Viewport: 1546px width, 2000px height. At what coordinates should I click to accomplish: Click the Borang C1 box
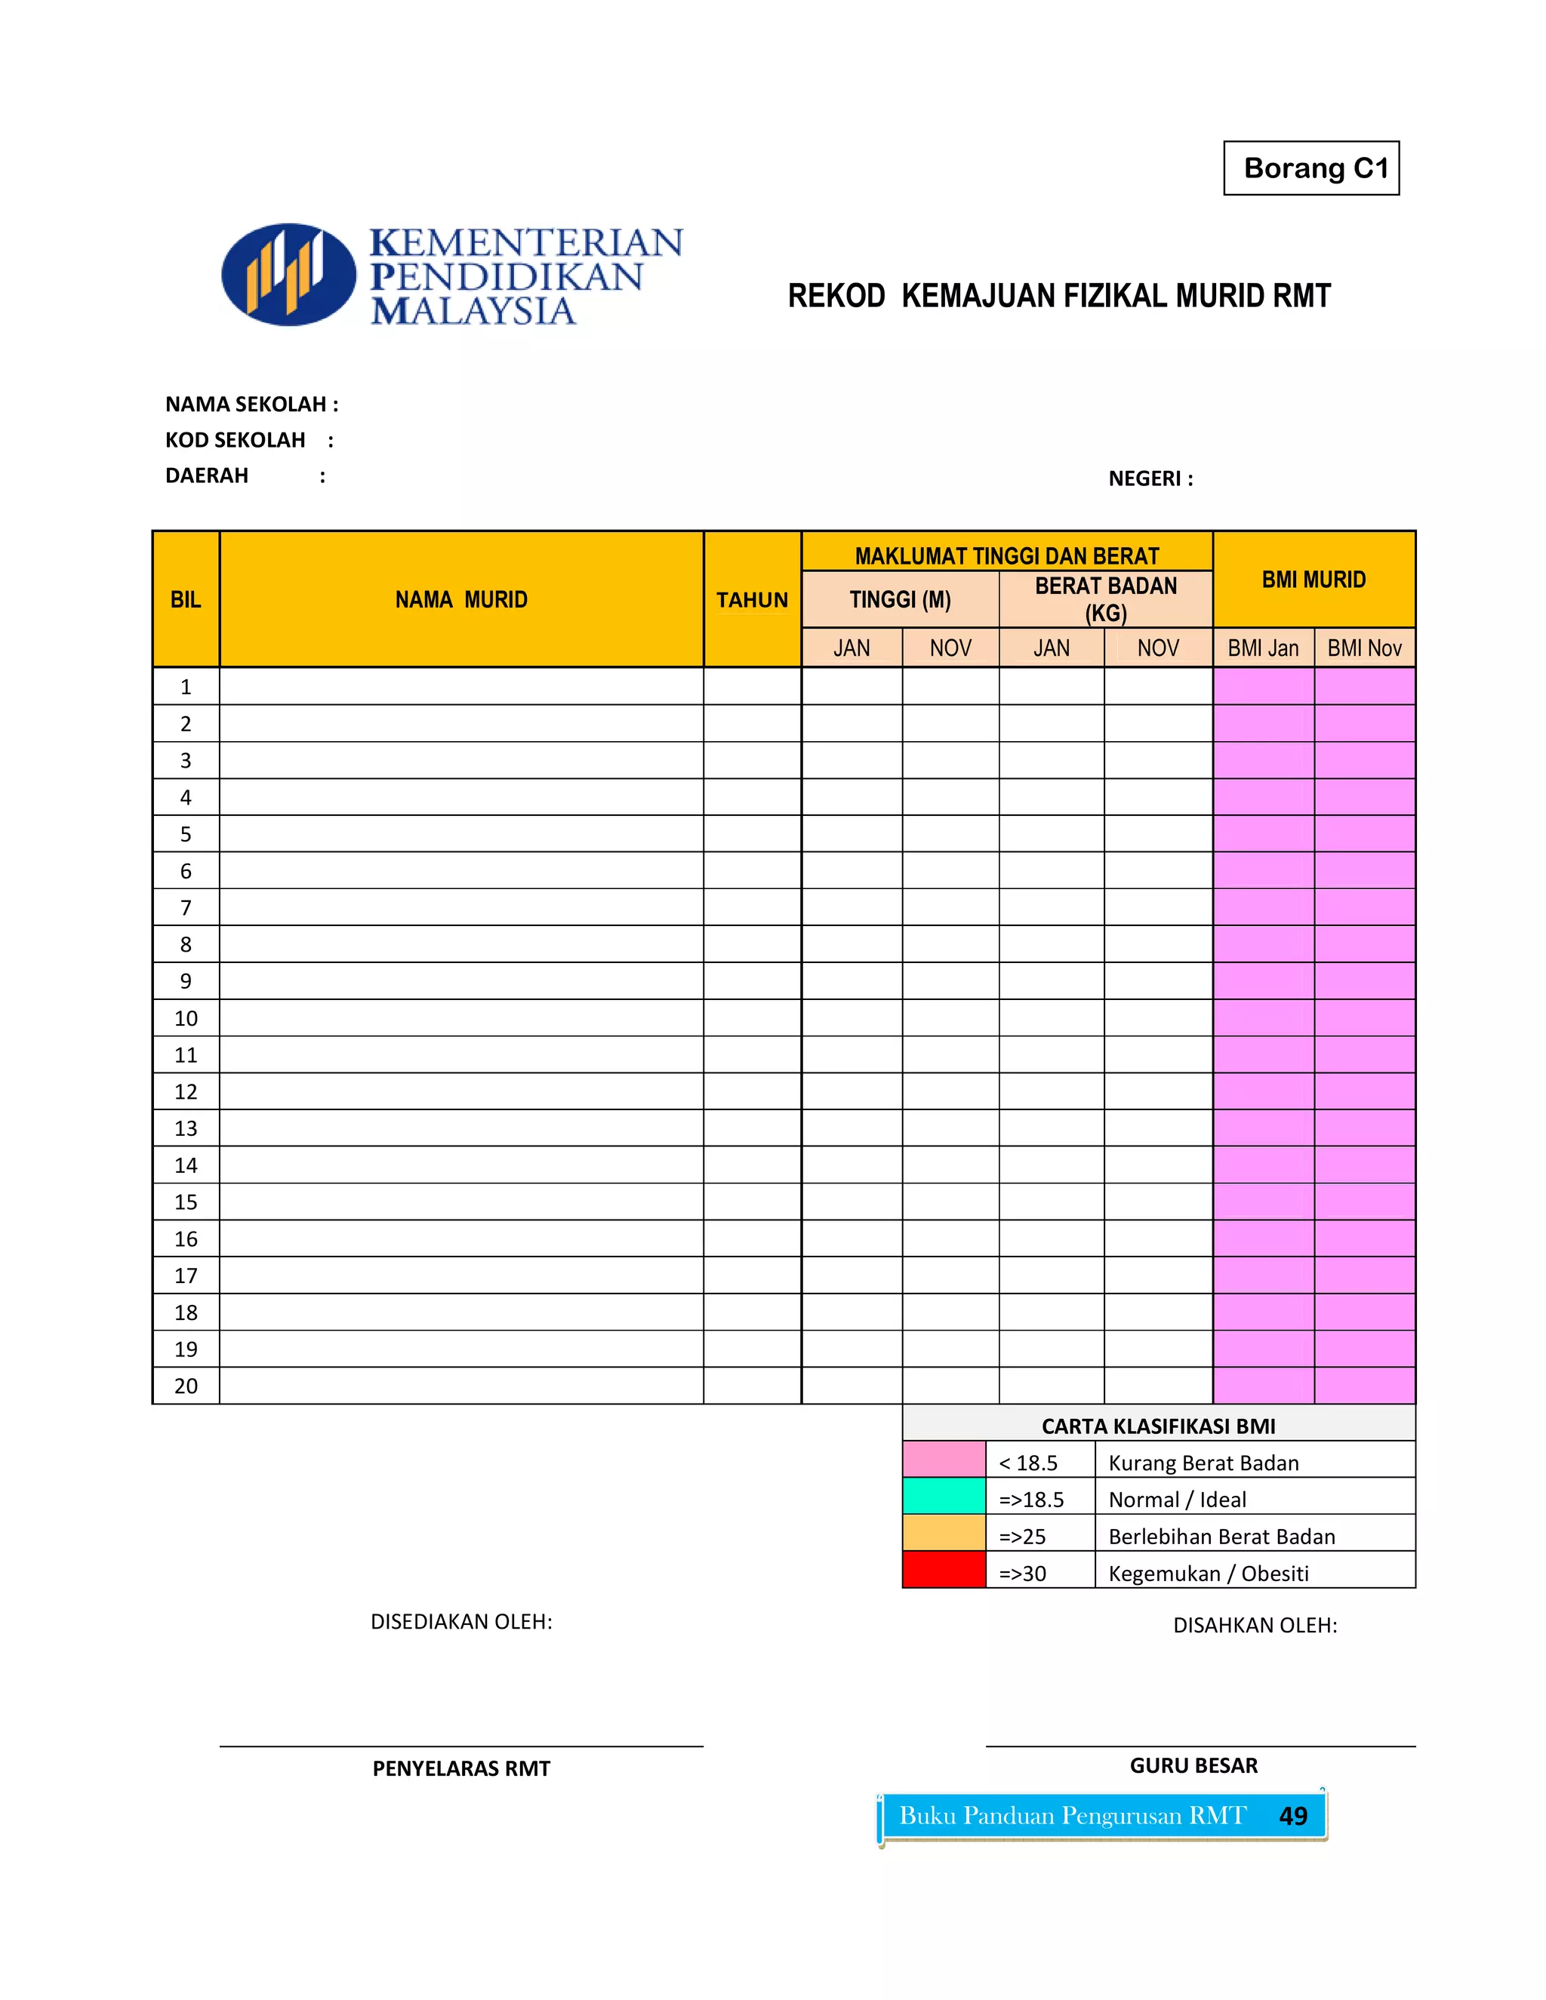click(1310, 168)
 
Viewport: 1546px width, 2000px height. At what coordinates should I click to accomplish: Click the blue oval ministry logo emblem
click(288, 275)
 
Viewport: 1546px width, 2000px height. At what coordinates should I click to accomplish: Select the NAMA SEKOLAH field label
click(251, 404)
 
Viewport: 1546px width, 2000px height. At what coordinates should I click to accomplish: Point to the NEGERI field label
click(1150, 479)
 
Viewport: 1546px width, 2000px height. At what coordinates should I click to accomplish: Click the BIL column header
click(185, 600)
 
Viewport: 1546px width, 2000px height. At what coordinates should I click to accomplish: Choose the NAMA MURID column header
click(460, 600)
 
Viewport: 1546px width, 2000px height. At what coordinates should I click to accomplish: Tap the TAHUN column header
click(751, 600)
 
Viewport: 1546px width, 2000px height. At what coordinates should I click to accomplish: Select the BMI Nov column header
click(1364, 648)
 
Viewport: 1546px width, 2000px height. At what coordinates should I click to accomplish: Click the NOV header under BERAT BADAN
click(1158, 648)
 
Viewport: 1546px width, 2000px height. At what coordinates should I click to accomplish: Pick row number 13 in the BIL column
click(185, 1128)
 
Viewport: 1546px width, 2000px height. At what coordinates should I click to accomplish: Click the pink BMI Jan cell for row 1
click(1263, 687)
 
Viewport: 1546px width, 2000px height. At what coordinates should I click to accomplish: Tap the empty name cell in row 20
click(460, 1386)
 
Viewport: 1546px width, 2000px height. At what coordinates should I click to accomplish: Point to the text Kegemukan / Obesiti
click(1208, 1574)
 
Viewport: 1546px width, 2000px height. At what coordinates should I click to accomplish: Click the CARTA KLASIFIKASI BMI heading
click(1158, 1426)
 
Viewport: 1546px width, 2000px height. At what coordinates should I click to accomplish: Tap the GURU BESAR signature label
click(1193, 1765)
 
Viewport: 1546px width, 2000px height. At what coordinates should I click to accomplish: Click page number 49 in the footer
click(1292, 1816)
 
